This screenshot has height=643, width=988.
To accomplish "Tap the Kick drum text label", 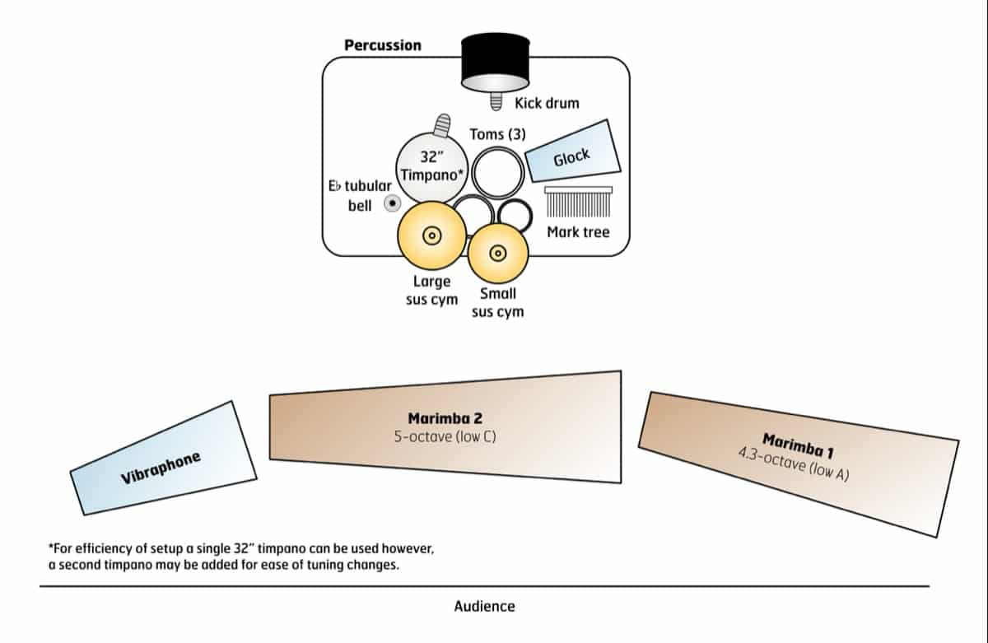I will click(x=547, y=104).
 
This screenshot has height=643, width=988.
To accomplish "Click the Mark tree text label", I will click(x=578, y=232).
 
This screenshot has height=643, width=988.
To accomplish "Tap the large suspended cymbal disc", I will click(x=430, y=235).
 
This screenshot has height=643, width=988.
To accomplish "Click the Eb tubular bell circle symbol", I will click(x=392, y=203).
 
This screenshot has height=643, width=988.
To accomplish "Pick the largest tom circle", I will click(x=496, y=173).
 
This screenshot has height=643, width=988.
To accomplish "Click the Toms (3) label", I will click(x=497, y=133).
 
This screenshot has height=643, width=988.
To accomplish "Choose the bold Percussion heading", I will click(x=382, y=45).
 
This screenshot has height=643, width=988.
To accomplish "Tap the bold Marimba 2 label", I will click(x=445, y=418).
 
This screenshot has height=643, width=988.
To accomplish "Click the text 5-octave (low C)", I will click(x=445, y=436).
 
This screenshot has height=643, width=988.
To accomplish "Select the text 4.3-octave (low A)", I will click(x=794, y=464).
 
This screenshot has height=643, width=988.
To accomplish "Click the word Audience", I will click(x=484, y=607).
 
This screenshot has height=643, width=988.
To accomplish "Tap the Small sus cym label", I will click(x=497, y=302).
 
